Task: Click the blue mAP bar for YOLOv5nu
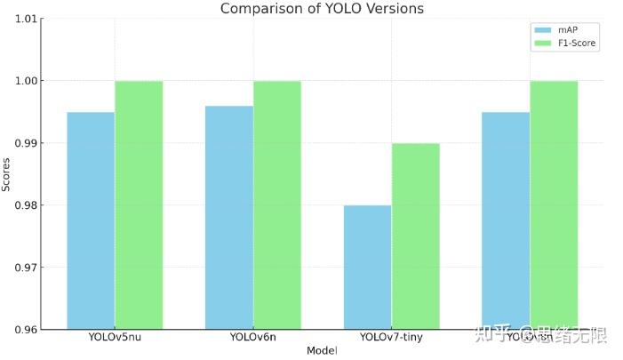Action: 91,220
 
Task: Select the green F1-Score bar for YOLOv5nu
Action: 139,204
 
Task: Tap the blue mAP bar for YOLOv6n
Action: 229,217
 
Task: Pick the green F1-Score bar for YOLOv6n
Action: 277,204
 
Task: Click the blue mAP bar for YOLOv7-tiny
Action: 367,267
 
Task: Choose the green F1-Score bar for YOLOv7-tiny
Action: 415,236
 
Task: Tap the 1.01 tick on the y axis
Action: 27,19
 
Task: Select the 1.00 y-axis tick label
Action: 27,81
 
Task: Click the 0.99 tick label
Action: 27,143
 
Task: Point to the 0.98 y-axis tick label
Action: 27,205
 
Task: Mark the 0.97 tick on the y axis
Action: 27,268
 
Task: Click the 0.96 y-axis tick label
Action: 27,330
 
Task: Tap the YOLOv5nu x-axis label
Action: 115,337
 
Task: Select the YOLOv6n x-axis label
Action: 252,337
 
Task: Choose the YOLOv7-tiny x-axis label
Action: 391,337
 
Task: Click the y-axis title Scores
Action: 7,174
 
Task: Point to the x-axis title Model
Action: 322,351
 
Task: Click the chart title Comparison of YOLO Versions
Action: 322,9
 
